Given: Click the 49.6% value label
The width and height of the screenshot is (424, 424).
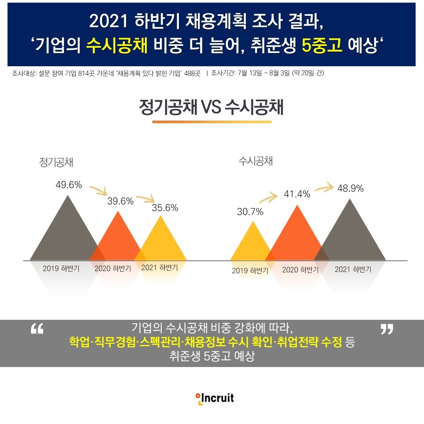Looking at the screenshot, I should [x=69, y=185].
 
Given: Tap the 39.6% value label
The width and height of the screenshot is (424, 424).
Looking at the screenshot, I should [x=121, y=201].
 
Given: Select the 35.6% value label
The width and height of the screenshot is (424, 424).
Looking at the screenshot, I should [x=165, y=208].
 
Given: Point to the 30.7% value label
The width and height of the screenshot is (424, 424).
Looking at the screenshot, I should [x=250, y=212].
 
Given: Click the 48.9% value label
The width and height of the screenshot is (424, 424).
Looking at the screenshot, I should [x=350, y=188].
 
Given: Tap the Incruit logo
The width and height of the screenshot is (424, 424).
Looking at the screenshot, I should [x=215, y=398].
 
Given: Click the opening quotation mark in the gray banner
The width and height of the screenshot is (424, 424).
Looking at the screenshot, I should [x=37, y=329].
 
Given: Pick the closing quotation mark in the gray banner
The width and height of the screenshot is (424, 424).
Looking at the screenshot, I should [x=386, y=329].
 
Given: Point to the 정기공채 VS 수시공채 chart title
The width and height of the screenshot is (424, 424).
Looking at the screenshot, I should [x=211, y=107].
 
